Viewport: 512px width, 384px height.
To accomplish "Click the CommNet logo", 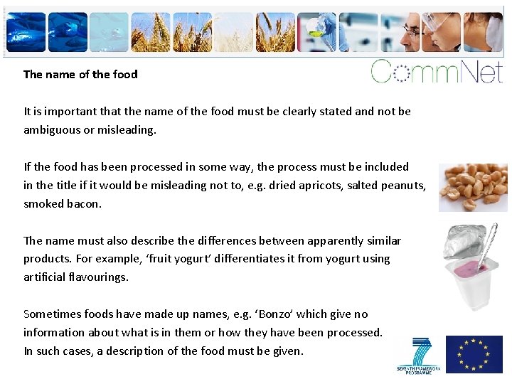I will pos(437,72).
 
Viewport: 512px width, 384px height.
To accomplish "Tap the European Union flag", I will pos(474,354).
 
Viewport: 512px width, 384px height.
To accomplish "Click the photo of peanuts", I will pos(473,187).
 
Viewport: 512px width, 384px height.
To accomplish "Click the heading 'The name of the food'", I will pos(80,74).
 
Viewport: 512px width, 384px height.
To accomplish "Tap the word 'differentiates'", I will pos(215,259).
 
